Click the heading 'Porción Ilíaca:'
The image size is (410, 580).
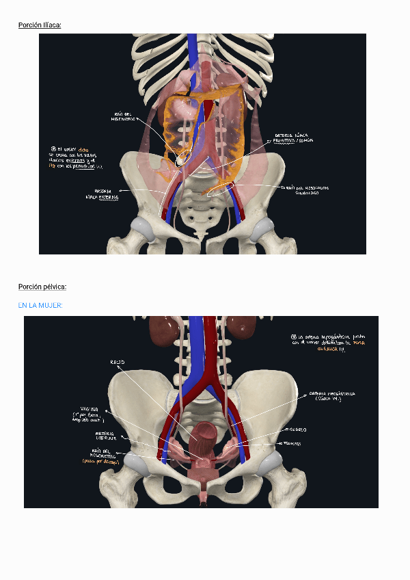click(x=40, y=25)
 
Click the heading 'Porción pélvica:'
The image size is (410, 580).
click(x=42, y=287)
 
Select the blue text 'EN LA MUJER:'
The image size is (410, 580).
click(x=40, y=305)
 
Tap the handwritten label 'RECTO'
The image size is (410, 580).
click(x=118, y=361)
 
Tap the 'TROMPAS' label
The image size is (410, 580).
click(x=288, y=444)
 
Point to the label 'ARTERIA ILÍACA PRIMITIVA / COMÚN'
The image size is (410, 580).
click(x=294, y=138)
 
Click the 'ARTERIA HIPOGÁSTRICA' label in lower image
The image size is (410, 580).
click(x=332, y=396)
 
